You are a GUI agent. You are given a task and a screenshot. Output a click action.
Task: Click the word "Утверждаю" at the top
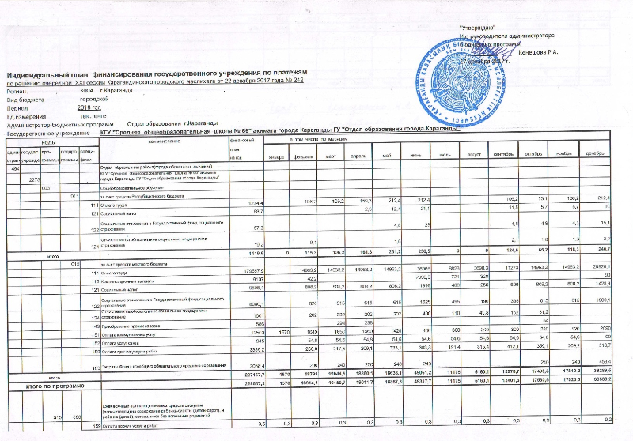pos(479,28)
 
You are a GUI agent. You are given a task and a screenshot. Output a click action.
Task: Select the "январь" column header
pos(276,154)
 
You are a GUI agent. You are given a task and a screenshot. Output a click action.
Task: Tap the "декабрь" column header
pos(613,154)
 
